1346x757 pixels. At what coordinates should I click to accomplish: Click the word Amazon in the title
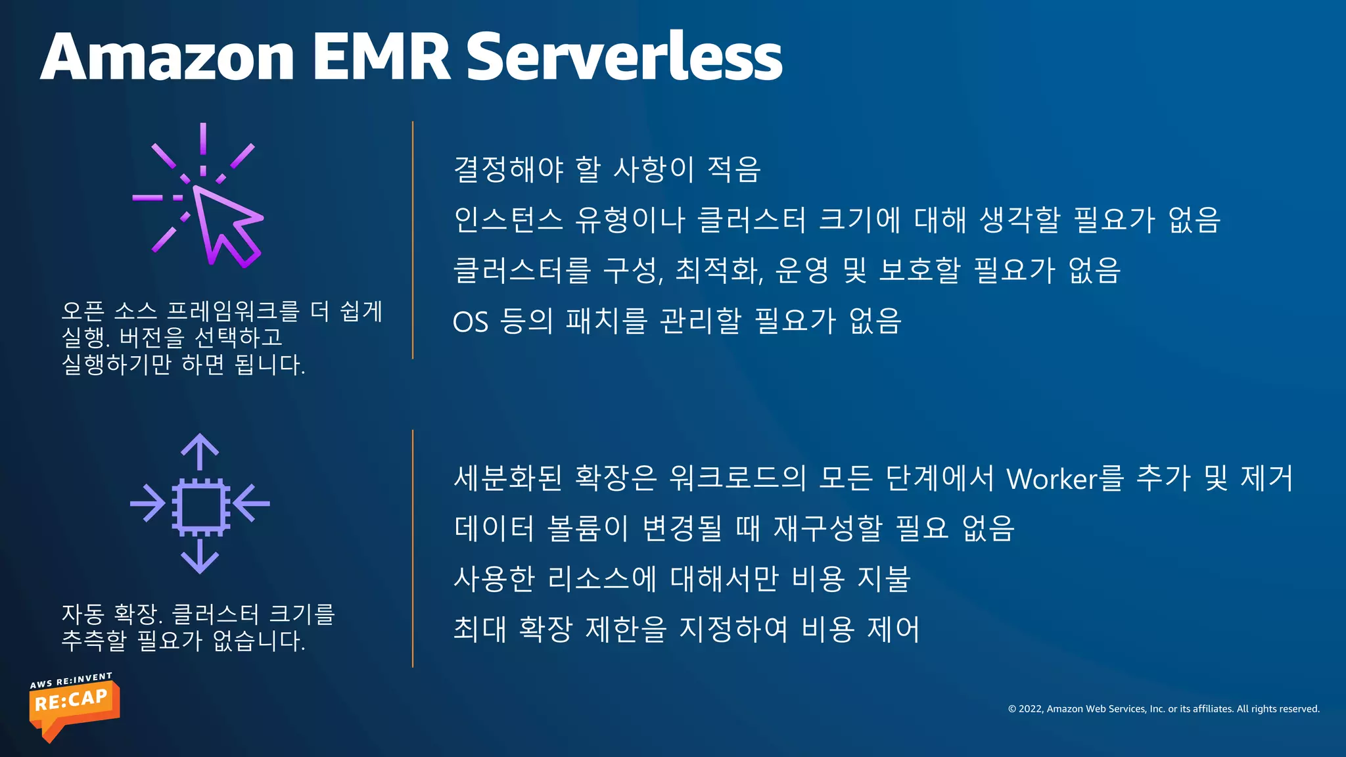168,58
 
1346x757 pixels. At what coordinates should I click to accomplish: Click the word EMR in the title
381,58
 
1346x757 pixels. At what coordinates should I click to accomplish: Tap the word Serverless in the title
624,58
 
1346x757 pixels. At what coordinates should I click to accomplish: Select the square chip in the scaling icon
200,505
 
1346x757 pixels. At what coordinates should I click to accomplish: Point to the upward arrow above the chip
200,451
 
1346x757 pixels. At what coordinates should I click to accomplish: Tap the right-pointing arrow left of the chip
149,504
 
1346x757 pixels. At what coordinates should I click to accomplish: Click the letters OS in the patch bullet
471,322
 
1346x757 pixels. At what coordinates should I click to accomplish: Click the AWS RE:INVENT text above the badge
71,681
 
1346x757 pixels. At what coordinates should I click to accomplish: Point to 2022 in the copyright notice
1030,709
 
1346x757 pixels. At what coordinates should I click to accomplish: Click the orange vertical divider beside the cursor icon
413,240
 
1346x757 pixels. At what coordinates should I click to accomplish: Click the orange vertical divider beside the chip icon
413,549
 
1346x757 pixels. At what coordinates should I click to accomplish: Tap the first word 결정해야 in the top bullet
509,169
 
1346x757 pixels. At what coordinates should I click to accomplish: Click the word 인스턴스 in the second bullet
509,219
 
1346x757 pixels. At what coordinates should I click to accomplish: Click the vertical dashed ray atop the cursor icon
203,148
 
